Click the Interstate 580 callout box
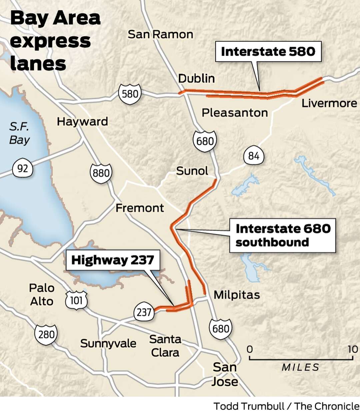click(x=268, y=51)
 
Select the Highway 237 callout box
click(x=113, y=260)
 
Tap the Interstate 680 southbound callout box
click(x=282, y=235)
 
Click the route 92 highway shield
click(x=23, y=168)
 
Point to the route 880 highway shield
click(x=101, y=173)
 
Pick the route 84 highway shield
click(x=254, y=156)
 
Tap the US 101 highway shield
click(x=76, y=300)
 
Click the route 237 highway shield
click(x=144, y=312)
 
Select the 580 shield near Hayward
click(x=130, y=94)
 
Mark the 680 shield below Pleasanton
click(x=205, y=141)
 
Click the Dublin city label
click(x=196, y=78)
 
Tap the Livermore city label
click(x=329, y=103)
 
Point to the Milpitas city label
click(x=237, y=295)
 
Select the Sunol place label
click(x=192, y=171)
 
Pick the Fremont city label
click(x=140, y=208)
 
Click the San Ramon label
click(x=160, y=34)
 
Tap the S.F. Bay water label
click(x=19, y=133)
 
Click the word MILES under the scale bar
click(x=300, y=367)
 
